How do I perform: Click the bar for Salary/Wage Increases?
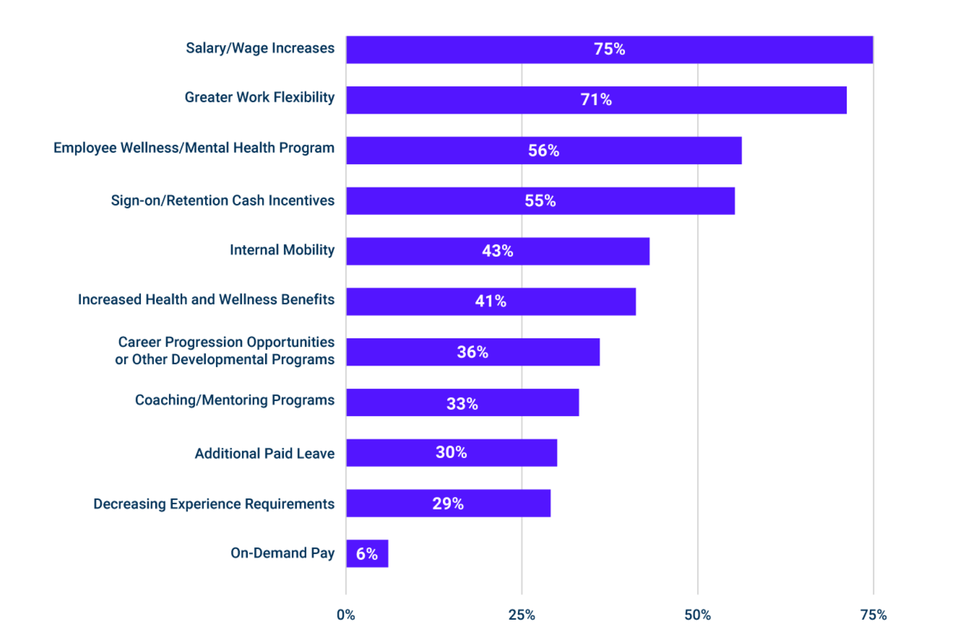(x=609, y=49)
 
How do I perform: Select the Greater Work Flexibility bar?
(x=596, y=100)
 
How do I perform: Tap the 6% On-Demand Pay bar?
(x=367, y=554)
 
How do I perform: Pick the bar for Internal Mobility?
(x=498, y=251)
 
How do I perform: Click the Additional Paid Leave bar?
(x=452, y=453)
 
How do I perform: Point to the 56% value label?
(x=544, y=150)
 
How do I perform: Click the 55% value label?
(x=540, y=201)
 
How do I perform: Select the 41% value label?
(x=491, y=301)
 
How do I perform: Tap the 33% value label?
(x=462, y=404)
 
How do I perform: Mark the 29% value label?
(x=448, y=503)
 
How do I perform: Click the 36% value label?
(x=473, y=352)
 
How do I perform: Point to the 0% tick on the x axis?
(x=346, y=615)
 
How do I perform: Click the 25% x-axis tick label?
(x=522, y=615)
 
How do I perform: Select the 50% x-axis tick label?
(x=698, y=615)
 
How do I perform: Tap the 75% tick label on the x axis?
(x=874, y=615)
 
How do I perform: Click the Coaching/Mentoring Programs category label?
(x=235, y=400)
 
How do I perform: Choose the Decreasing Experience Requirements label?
(x=214, y=504)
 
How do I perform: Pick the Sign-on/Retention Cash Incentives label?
(x=223, y=200)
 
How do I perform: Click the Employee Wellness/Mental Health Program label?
(x=194, y=148)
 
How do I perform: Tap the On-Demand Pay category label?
(x=282, y=553)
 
